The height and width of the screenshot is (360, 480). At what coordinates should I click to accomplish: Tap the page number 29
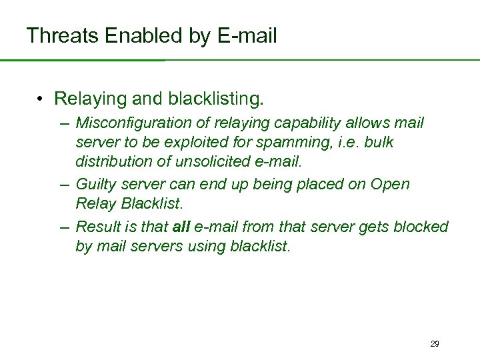point(434,344)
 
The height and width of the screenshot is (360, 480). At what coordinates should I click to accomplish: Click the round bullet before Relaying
point(41,99)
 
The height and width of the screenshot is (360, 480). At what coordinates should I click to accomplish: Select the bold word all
point(181,227)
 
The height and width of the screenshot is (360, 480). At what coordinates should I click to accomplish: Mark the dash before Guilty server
point(64,184)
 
